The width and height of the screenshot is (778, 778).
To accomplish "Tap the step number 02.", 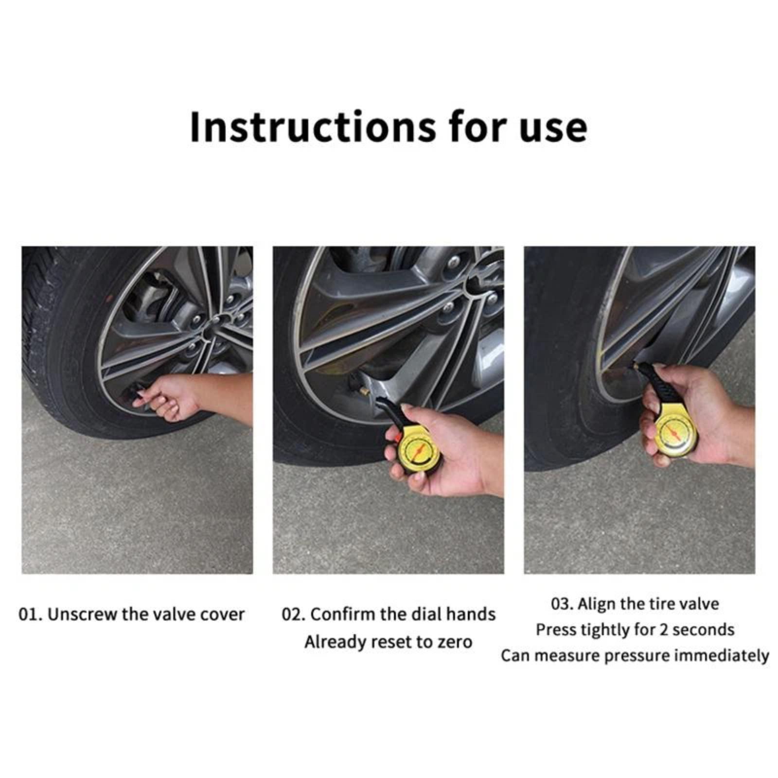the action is tap(294, 615).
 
